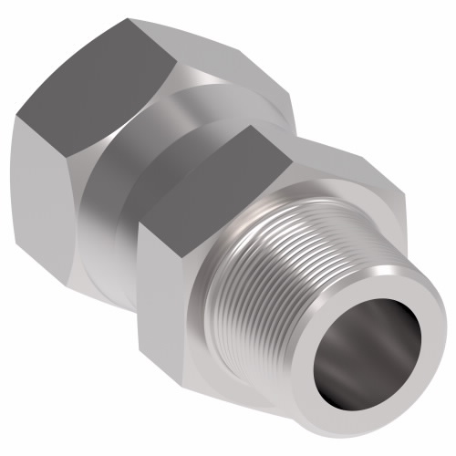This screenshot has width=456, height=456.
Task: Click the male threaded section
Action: click(x=274, y=274)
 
